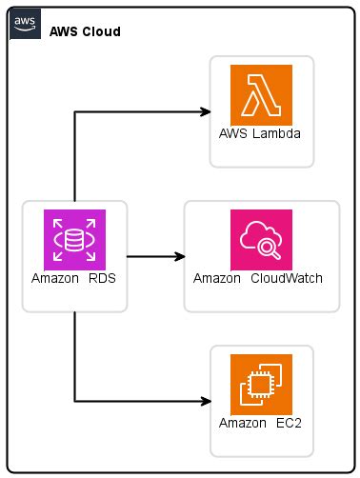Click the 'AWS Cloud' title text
[x=85, y=32]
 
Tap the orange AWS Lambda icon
[x=261, y=94]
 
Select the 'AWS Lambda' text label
[x=261, y=134]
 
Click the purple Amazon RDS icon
[x=74, y=239]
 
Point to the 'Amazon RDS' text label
[x=74, y=279]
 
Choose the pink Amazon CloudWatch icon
[x=261, y=239]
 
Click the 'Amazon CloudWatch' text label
[x=257, y=279]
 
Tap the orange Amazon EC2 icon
[x=261, y=384]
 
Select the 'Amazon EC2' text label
[x=261, y=423]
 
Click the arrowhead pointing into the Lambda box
[x=205, y=112]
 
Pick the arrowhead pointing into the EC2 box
[x=205, y=402]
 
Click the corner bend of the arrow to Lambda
[x=74, y=112]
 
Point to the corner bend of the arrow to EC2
[x=74, y=402]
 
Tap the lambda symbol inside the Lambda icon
[x=260, y=94]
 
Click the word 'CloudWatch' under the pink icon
[x=288, y=279]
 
